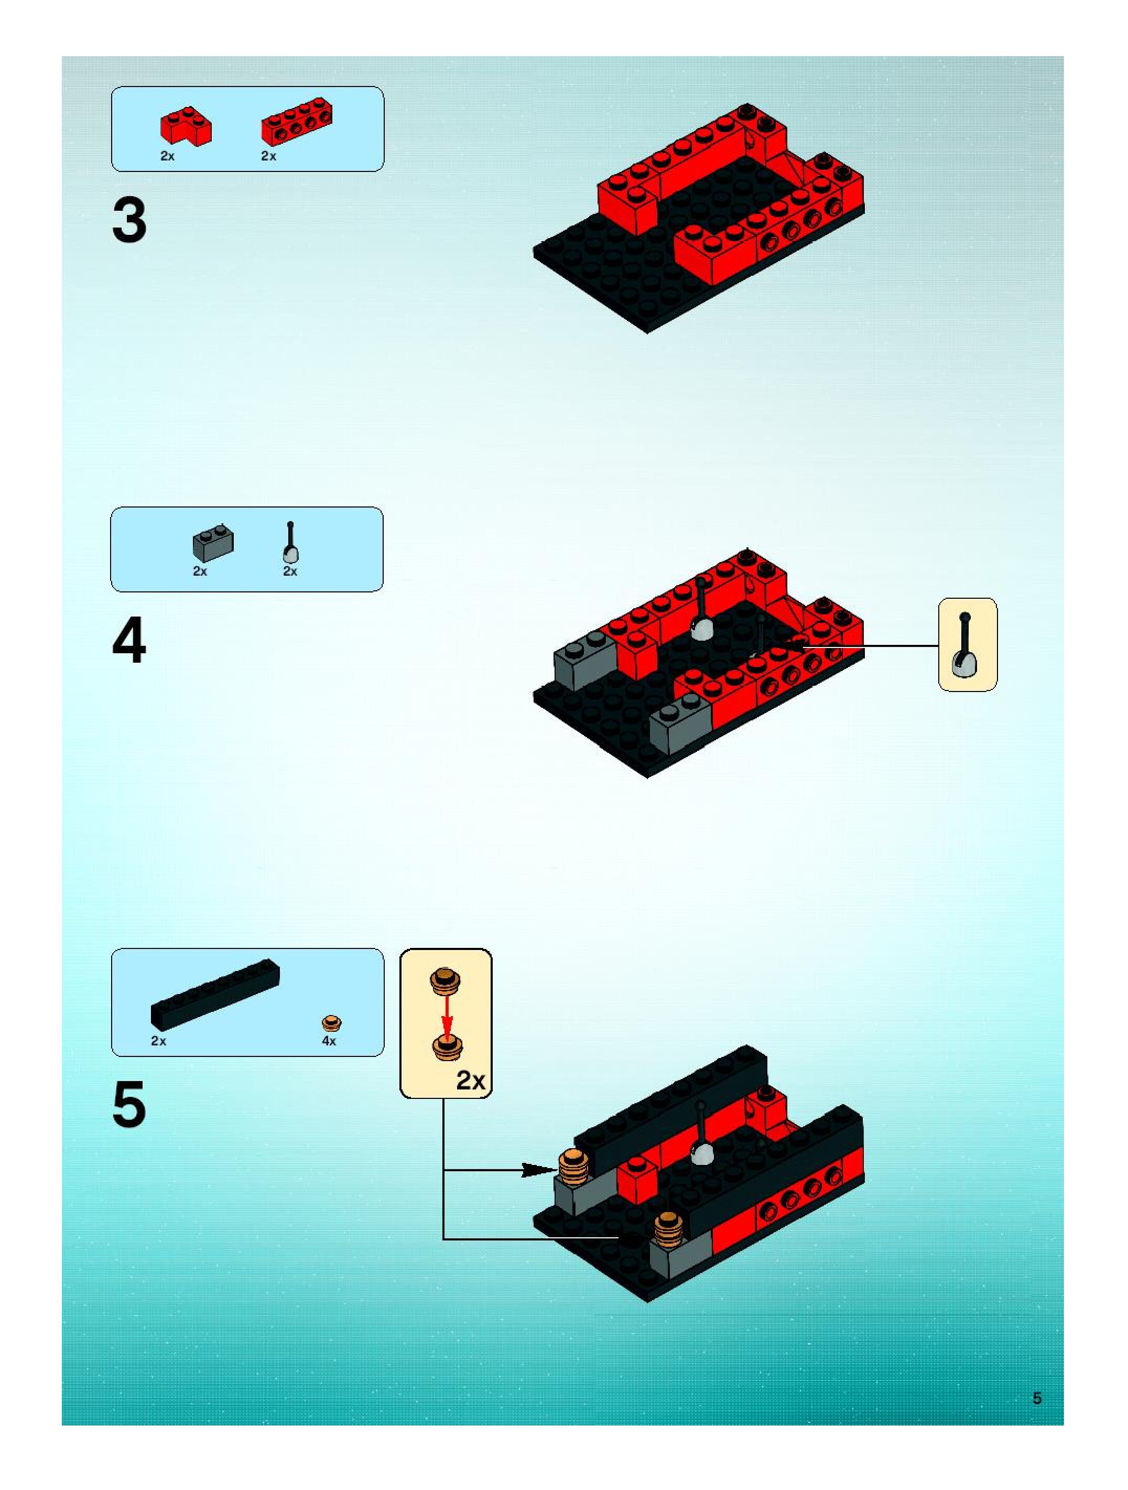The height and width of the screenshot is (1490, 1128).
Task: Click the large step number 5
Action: coord(129,1105)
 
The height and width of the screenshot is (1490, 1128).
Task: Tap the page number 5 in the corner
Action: coord(1037,1398)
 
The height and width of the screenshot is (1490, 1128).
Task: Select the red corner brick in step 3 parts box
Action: coord(185,127)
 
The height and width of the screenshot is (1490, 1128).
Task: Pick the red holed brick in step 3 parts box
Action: coord(298,122)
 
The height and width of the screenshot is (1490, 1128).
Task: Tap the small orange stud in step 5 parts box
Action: coord(331,1024)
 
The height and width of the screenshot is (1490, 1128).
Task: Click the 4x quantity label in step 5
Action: coord(329,1041)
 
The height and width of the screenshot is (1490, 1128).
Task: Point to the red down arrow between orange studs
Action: coord(446,1017)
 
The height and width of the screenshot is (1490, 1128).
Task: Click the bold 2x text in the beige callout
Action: coord(470,1081)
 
